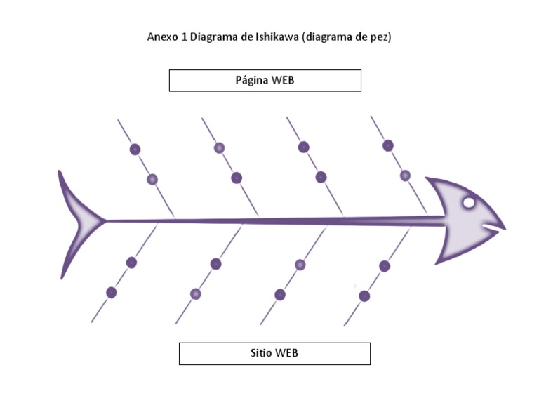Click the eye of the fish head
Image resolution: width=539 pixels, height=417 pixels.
click(469, 204)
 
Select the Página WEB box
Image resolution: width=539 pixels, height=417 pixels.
click(265, 81)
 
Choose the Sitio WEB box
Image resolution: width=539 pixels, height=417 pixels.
click(274, 353)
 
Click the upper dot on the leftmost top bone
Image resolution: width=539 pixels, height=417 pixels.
click(135, 150)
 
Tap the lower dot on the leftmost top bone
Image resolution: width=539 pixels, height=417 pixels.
click(152, 180)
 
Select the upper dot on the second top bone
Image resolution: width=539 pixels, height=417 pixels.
click(219, 148)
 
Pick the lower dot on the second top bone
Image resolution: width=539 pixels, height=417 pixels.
click(237, 178)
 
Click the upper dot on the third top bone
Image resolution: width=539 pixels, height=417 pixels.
click(304, 147)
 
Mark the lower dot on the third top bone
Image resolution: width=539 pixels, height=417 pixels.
click(321, 177)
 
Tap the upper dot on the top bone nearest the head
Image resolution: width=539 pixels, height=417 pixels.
click(388, 145)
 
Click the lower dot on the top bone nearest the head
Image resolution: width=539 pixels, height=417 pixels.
click(405, 176)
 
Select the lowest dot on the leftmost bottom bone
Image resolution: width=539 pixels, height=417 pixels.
click(111, 293)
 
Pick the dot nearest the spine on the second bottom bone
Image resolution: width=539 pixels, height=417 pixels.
click(215, 264)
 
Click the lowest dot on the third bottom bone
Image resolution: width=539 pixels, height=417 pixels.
click(280, 295)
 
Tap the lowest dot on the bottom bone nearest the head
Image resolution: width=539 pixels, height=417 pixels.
click(364, 296)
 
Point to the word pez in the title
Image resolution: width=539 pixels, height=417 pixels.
click(378, 37)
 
